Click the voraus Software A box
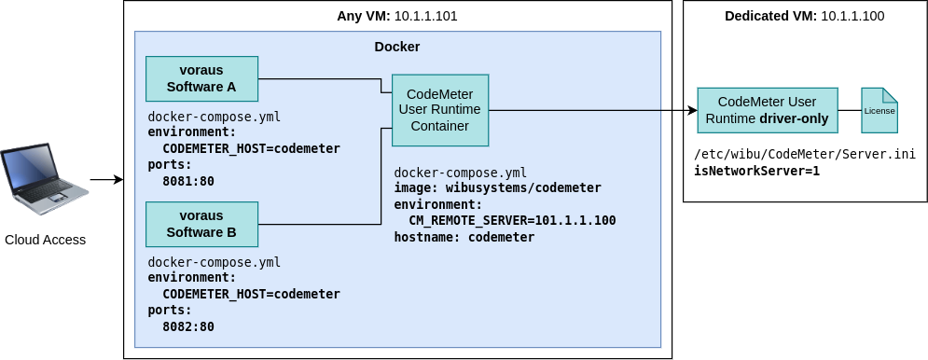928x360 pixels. pos(201,78)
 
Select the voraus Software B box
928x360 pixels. pos(201,224)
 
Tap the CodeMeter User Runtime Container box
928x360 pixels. pos(439,110)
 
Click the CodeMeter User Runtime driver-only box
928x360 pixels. pos(768,110)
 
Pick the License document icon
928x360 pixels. pos(880,110)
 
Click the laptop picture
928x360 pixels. pos(45,179)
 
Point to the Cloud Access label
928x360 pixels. pos(46,240)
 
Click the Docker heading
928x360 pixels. pos(397,47)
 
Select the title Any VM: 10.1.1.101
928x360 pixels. pos(397,16)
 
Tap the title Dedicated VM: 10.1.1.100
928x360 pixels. pos(805,16)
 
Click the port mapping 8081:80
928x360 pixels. pos(188,181)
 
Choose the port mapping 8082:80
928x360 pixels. pos(188,326)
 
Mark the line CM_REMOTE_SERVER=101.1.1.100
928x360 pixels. pos(513,220)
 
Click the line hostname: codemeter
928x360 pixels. pos(464,237)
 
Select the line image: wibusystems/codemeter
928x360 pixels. pos(498,187)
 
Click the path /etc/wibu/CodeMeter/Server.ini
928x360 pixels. pos(805,155)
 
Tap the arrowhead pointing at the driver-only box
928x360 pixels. pos(692,110)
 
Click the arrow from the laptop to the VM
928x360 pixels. pos(107,179)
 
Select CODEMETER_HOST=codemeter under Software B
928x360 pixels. pos(252,295)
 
